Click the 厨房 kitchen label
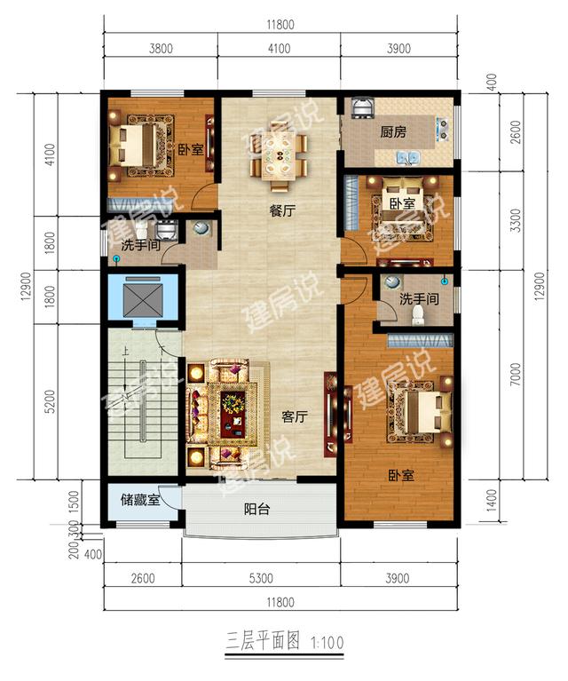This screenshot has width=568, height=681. (393, 131)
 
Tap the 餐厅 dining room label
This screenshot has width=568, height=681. (282, 211)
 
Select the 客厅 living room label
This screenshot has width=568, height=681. (295, 417)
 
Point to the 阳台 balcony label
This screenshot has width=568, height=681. (256, 509)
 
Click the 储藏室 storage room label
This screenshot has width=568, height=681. (140, 501)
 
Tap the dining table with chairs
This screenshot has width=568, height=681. (280, 156)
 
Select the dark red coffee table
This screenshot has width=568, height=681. (233, 415)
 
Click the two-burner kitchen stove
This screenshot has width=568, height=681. (442, 129)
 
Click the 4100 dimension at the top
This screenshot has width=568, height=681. (279, 48)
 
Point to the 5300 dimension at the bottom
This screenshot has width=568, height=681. (262, 578)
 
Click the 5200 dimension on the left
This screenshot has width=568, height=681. (51, 401)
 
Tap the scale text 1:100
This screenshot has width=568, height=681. (327, 642)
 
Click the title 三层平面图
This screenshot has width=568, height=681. (263, 641)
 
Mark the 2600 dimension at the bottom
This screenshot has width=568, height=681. (143, 578)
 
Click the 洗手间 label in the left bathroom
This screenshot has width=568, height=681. (140, 245)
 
